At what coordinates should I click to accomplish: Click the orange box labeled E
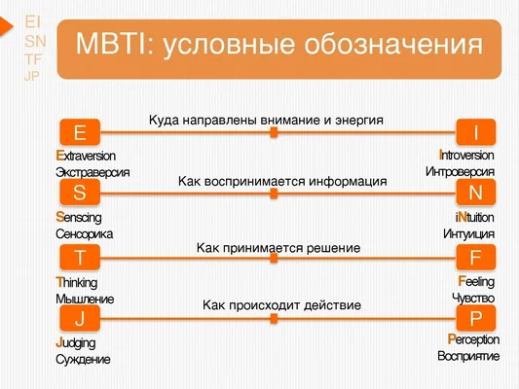[79, 132]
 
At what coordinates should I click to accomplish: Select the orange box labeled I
[475, 132]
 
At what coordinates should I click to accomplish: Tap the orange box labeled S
[79, 194]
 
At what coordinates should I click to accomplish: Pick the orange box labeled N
[475, 194]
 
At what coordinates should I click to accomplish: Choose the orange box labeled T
[79, 258]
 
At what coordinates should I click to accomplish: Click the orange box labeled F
[475, 258]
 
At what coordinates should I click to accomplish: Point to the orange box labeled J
[79, 319]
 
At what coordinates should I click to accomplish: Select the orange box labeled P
[475, 319]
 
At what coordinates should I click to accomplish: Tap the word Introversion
[465, 156]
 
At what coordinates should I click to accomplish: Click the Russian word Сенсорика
[85, 234]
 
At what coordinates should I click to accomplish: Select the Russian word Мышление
[85, 299]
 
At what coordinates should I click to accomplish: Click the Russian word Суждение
[83, 359]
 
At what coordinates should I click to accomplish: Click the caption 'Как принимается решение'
[278, 248]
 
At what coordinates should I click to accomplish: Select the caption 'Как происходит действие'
[281, 305]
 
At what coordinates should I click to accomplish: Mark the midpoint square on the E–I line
[275, 132]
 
